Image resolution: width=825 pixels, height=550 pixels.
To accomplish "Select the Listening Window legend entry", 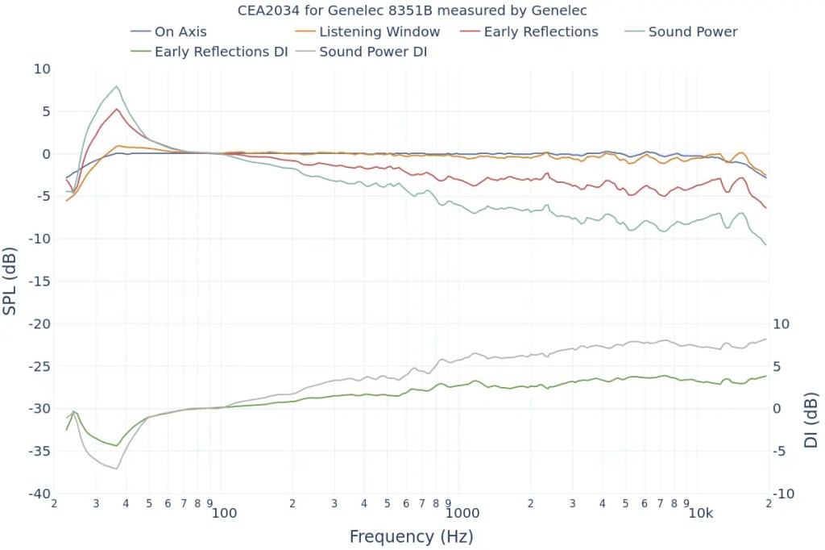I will pos(379,32).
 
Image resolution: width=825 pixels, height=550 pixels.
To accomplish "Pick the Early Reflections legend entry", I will pos(541,32).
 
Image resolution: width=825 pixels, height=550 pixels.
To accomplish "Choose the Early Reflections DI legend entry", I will pos(221,52).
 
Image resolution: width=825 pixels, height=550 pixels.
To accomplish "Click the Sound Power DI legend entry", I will pos(373,52).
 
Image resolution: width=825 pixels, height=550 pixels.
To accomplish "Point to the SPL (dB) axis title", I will pos(10,281).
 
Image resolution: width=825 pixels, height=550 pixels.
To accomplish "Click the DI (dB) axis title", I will pos(810,420).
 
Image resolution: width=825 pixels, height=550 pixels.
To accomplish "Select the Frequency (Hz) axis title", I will pos(411,536).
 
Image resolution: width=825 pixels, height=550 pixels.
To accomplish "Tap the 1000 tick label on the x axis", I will pos(462,513).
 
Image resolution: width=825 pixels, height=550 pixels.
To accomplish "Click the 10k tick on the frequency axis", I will pos(701,513).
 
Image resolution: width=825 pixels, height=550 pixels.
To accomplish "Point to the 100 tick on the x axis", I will pos(224,513).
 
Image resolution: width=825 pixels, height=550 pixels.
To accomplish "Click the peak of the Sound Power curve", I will pos(117,86).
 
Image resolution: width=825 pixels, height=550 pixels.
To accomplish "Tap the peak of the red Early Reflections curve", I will pos(117,109).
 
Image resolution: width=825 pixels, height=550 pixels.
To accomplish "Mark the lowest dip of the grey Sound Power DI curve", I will pos(116,469).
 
